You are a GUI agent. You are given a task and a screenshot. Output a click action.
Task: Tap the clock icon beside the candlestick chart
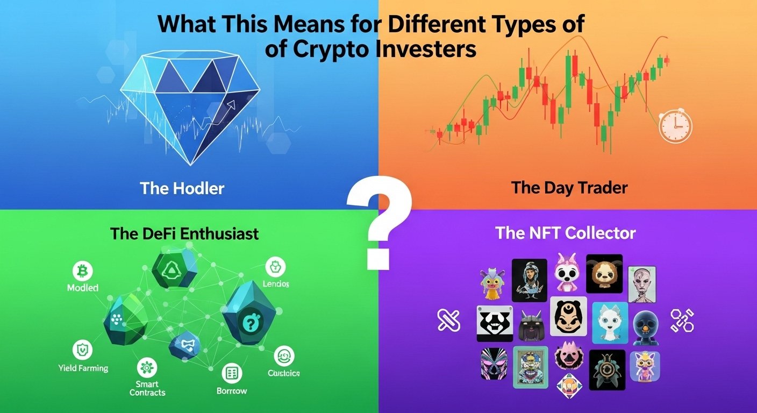pyautogui.click(x=675, y=126)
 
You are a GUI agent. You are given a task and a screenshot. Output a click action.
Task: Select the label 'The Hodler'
pyautogui.click(x=182, y=188)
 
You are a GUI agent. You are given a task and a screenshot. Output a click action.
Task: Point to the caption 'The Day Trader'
pyautogui.click(x=569, y=188)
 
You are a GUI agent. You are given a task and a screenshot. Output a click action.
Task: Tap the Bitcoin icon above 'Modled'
pyautogui.click(x=82, y=270)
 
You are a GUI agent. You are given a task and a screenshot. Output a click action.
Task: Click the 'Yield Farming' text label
pyautogui.click(x=83, y=368)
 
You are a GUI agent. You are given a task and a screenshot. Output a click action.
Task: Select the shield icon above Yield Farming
pyautogui.click(x=82, y=350)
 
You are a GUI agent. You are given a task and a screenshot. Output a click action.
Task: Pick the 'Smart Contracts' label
pyautogui.click(x=147, y=388)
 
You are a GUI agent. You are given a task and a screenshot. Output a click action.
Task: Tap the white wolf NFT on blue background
pyautogui.click(x=610, y=322)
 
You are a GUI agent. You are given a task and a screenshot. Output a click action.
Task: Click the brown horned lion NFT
pyautogui.click(x=604, y=273)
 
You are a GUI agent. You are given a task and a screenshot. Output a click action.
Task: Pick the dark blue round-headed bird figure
pyautogui.click(x=645, y=326)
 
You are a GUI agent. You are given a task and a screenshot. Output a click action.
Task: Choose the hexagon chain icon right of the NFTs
pyautogui.click(x=682, y=320)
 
